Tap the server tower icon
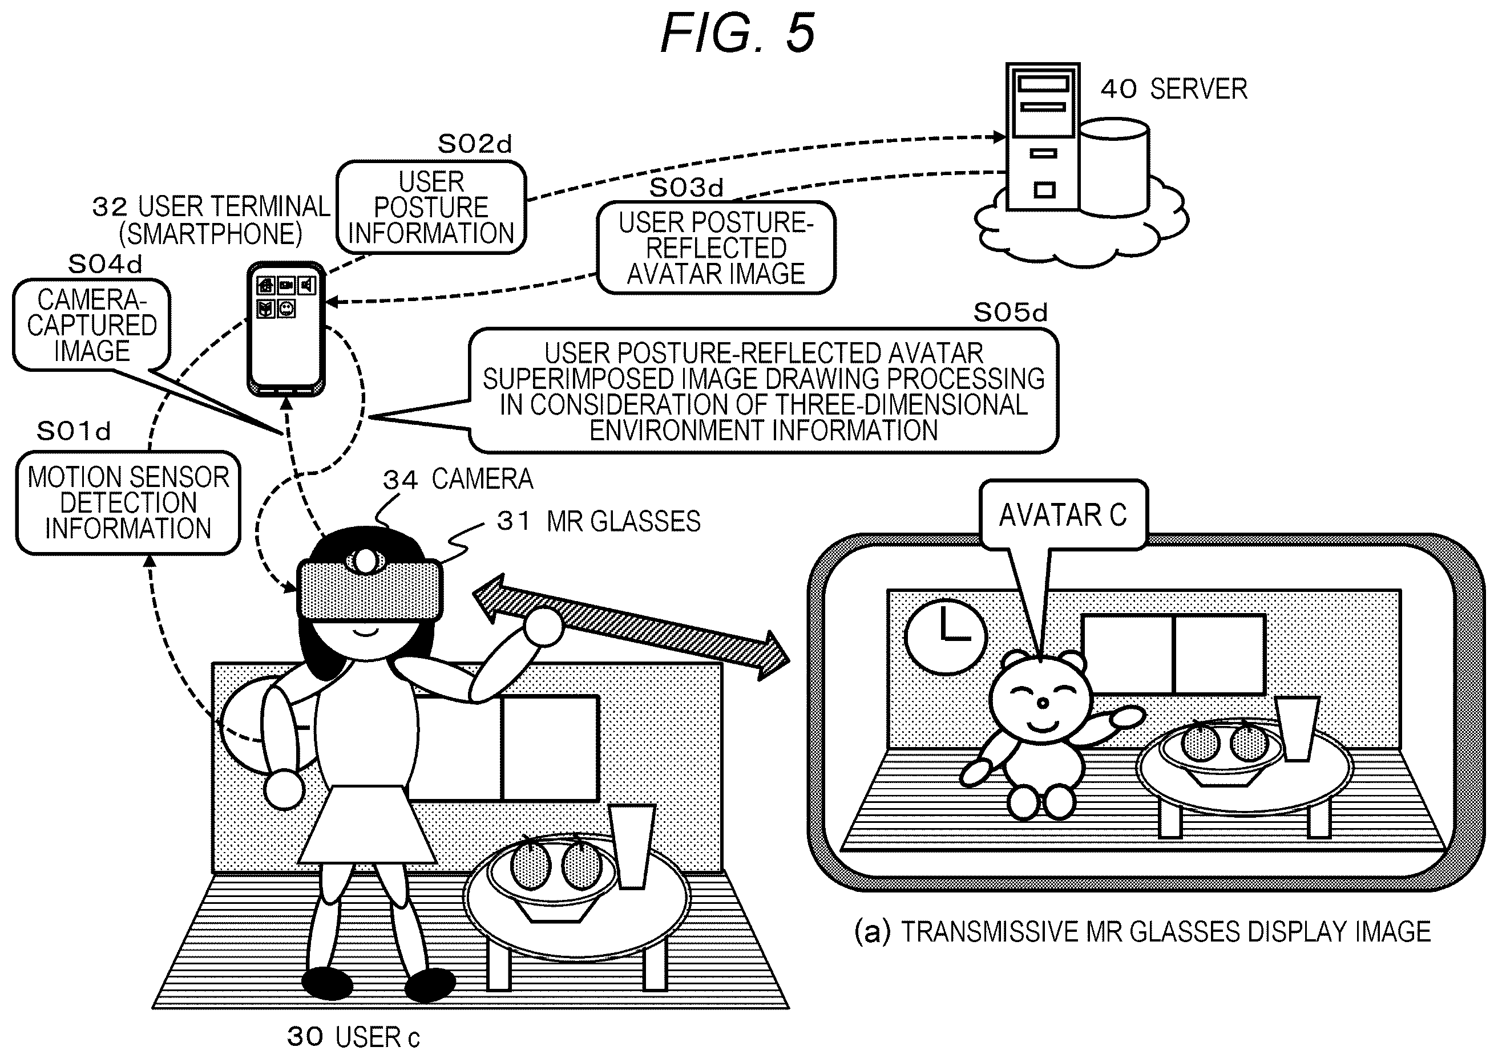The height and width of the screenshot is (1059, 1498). pos(1043,137)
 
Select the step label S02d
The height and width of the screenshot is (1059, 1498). pos(475,144)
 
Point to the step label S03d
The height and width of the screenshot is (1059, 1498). pos(687,188)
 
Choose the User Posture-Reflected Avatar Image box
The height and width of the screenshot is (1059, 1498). pos(716,248)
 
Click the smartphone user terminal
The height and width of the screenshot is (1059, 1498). pos(286,328)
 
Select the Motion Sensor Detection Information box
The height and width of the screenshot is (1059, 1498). pos(128,503)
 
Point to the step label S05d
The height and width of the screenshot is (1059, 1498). pos(1010,313)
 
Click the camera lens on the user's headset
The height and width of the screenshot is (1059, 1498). pos(366,560)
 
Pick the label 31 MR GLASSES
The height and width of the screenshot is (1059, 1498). pos(598,521)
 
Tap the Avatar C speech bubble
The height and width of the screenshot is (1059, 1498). pos(1064,514)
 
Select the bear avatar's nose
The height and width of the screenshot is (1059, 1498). pos(1043,703)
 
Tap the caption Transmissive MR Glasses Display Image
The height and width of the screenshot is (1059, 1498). pos(1142,932)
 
